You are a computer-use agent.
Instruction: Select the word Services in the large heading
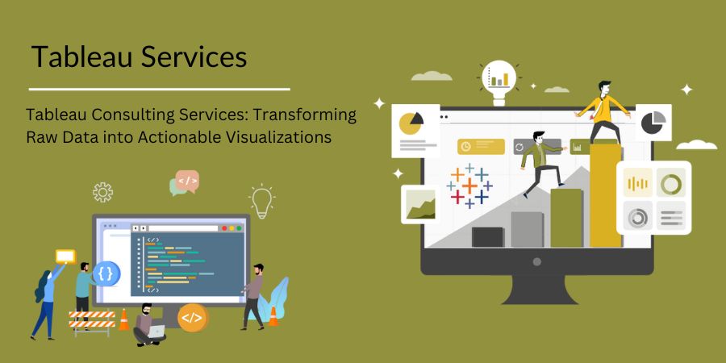(193, 57)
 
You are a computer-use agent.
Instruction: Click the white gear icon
(102, 192)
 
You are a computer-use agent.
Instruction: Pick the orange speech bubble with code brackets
(187, 181)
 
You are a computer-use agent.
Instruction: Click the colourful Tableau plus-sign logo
(469, 186)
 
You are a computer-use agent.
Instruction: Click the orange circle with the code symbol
(192, 317)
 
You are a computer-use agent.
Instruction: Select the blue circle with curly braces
(106, 273)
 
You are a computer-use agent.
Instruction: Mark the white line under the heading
(159, 89)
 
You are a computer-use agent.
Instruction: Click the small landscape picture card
(420, 204)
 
